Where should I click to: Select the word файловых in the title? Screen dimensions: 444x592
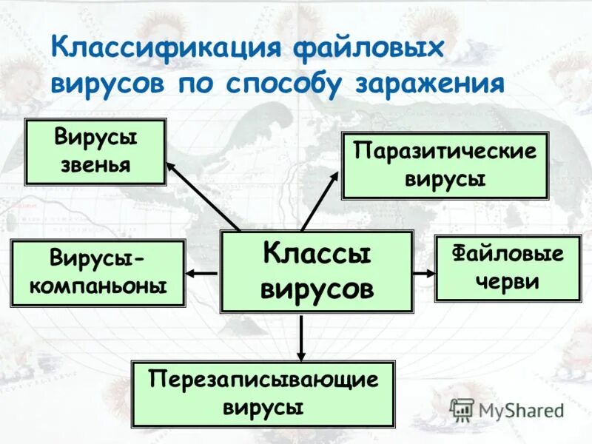click(369, 50)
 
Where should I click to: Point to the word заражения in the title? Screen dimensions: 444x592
click(430, 84)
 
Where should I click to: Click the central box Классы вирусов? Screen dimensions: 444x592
click(317, 272)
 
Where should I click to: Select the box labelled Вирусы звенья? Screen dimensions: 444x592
click(96, 152)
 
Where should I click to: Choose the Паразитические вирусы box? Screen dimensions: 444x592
click(445, 166)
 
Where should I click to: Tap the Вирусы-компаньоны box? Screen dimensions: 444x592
click(98, 273)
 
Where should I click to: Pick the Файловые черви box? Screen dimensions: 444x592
click(508, 268)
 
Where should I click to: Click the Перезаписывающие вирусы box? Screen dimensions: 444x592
click(263, 394)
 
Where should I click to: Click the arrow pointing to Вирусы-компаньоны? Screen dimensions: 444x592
click(202, 273)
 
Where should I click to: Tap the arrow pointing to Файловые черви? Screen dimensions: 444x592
click(424, 273)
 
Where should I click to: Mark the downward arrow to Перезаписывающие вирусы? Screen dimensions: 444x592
click(301, 337)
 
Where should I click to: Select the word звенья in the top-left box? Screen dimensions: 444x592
click(96, 164)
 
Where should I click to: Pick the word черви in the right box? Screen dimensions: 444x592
click(508, 281)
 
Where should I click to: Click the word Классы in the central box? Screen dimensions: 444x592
click(317, 255)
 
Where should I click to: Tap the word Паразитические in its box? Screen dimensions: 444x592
click(445, 152)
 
